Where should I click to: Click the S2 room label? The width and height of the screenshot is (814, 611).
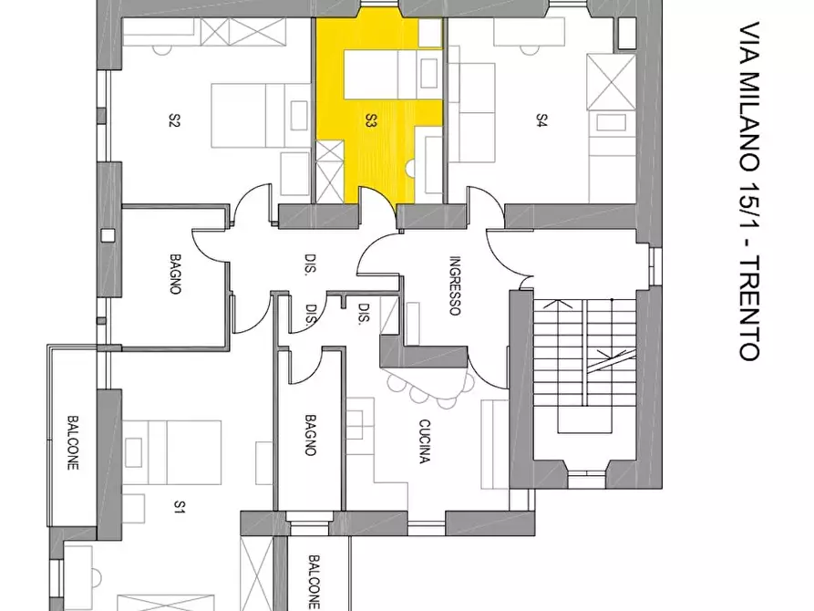(174, 120)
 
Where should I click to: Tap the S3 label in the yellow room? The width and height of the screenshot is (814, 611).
(371, 120)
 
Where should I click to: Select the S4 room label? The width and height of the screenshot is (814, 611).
(541, 120)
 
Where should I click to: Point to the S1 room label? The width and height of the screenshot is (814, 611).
(179, 506)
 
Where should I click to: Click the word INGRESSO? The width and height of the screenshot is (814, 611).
(454, 285)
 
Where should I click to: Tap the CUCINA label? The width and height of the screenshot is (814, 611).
(424, 441)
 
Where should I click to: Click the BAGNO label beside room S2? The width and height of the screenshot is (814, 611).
(175, 274)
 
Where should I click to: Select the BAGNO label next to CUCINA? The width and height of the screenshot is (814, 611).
(310, 435)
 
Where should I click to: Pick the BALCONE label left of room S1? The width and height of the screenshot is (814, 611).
(73, 442)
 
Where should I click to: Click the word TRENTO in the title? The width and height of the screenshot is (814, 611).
(749, 307)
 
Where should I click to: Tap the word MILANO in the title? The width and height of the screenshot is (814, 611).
(749, 122)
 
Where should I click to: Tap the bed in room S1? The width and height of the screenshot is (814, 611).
(173, 452)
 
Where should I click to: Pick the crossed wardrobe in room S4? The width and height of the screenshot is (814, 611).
(611, 81)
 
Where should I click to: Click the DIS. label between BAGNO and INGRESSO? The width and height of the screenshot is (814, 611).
(311, 264)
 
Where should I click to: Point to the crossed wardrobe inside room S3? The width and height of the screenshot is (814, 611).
(330, 171)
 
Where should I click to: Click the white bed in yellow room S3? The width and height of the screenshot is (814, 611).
(393, 74)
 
